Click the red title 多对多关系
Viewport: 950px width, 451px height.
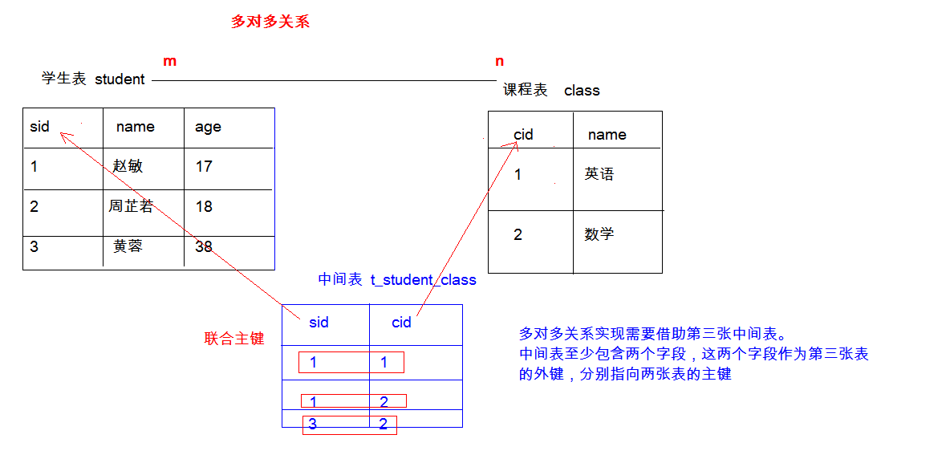coord(270,22)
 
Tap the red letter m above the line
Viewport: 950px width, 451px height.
coord(169,61)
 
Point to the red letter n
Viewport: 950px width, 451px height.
coord(500,61)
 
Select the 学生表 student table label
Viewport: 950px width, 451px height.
coord(93,79)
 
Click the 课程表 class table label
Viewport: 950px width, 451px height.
coord(551,91)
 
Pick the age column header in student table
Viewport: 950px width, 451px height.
coord(208,127)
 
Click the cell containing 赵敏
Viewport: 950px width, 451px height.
coord(128,166)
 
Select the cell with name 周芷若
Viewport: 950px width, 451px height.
coord(131,206)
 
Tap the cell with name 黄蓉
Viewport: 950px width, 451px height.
coord(128,246)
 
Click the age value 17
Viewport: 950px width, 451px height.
coord(204,166)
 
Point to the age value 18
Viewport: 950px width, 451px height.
coord(204,206)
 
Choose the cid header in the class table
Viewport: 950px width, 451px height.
coord(523,134)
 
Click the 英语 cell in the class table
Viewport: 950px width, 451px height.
coord(599,174)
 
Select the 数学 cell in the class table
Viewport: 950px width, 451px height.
coord(599,234)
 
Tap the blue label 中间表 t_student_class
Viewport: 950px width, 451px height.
coord(397,280)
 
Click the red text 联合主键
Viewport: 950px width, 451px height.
coord(234,339)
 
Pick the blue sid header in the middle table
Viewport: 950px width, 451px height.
coord(319,323)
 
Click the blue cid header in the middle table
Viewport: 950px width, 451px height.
coord(401,323)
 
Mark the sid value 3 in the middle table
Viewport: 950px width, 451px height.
coord(313,425)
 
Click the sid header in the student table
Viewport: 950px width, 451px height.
coord(39,127)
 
